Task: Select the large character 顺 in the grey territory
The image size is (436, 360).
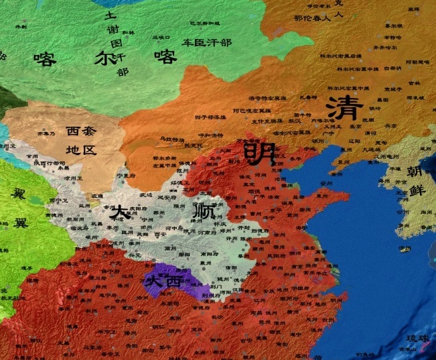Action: pos(205,213)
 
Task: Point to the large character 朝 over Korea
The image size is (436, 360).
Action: pos(415,173)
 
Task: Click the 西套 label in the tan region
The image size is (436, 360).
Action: pos(80,131)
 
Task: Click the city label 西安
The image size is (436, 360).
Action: pos(159,235)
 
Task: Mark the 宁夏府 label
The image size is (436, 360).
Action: pos(122,176)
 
